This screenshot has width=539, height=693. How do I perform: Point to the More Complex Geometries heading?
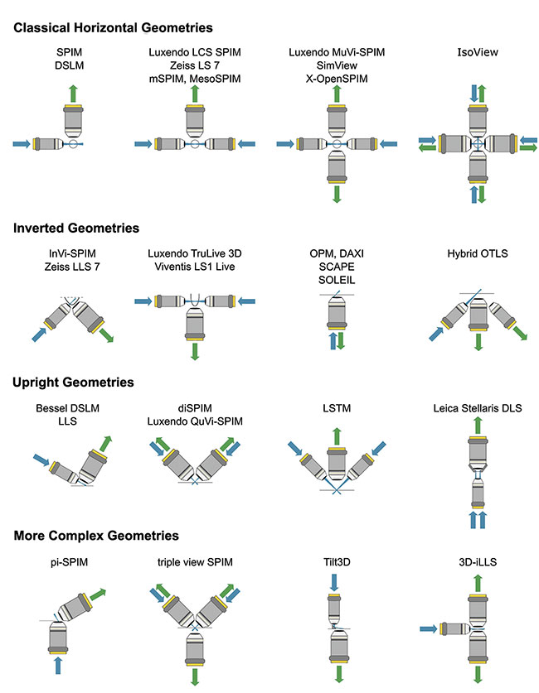(96, 536)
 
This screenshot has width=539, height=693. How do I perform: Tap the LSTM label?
(336, 408)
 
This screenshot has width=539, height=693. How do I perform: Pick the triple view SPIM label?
(195, 562)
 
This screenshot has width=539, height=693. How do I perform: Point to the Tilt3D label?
(336, 562)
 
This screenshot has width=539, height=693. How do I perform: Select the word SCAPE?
(336, 267)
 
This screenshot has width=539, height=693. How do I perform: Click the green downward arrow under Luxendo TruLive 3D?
(196, 351)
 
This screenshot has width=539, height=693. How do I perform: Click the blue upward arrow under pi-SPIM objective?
(56, 666)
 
